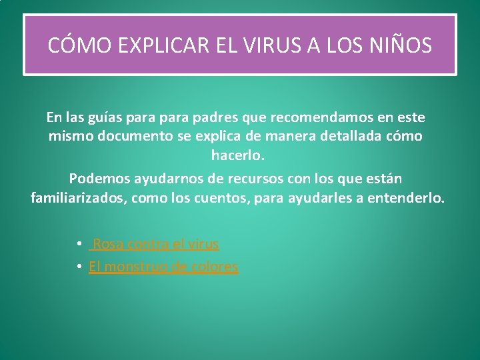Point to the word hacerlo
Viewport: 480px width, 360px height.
click(x=238, y=155)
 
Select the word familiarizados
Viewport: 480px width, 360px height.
click(x=78, y=198)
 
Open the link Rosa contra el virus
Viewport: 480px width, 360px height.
click(x=156, y=244)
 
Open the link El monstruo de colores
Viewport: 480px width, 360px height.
click(x=163, y=267)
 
